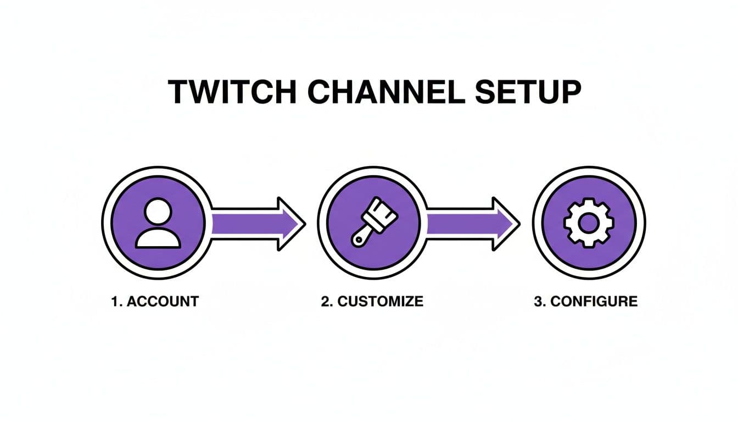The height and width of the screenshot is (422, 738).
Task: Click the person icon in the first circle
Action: tap(158, 223)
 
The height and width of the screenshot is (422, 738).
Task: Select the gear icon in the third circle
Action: tap(589, 223)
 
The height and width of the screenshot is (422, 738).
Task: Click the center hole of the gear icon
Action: tap(589, 223)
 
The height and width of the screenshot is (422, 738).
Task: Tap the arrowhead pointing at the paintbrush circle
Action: tap(291, 224)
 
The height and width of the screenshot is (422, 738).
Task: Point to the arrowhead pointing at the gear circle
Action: tap(506, 224)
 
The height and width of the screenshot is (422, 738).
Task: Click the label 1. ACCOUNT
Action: tap(154, 302)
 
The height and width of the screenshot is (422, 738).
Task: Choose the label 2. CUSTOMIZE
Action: tap(372, 302)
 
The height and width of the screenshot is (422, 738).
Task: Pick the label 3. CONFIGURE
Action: tap(585, 302)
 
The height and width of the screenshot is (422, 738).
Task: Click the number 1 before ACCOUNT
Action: tap(115, 302)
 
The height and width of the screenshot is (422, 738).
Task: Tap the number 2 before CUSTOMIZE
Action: tap(325, 302)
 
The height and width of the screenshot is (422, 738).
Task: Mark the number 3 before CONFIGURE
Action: tap(538, 302)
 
